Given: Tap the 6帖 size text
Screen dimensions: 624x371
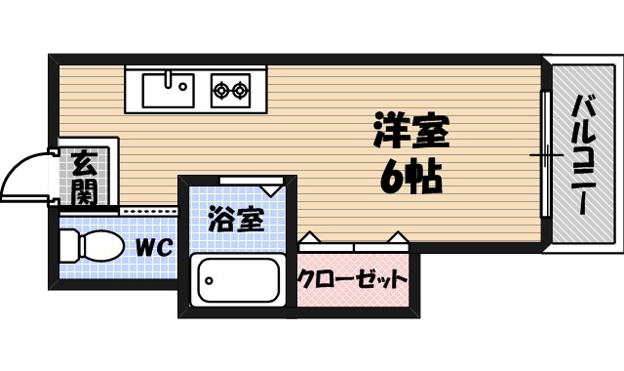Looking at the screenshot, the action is (410, 177).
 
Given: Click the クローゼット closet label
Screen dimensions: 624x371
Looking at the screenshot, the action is (352, 280).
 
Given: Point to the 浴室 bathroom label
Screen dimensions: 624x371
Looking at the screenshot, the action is (236, 219).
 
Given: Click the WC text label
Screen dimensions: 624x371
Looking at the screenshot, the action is (153, 248).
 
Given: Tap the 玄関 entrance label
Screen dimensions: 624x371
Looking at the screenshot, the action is (84, 177).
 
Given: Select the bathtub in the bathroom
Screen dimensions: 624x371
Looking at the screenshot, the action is (237, 280).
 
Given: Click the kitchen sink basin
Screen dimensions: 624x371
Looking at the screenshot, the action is (166, 90).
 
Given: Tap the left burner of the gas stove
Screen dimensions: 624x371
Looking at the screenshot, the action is (221, 91).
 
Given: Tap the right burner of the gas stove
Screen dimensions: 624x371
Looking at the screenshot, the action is (240, 91).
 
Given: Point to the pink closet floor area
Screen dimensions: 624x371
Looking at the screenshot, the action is (352, 293).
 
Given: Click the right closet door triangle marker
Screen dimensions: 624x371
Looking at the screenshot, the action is (397, 237).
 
